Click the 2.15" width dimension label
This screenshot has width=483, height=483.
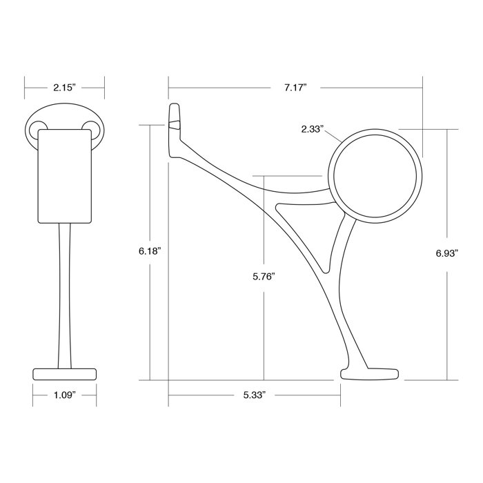tap(63, 88)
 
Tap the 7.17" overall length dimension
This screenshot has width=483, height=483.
tap(295, 88)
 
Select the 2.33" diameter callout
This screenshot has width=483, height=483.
tap(312, 129)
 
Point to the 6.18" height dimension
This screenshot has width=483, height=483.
tap(149, 252)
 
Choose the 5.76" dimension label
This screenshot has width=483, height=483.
tap(264, 276)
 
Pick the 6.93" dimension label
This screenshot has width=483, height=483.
tap(447, 253)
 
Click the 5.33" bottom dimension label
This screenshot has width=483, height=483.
tap(255, 395)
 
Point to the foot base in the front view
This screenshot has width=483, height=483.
tap(64, 373)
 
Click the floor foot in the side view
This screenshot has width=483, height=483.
tap(370, 375)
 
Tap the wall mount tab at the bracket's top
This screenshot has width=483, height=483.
tap(174, 121)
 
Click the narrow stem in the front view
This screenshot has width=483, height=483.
tap(64, 297)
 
